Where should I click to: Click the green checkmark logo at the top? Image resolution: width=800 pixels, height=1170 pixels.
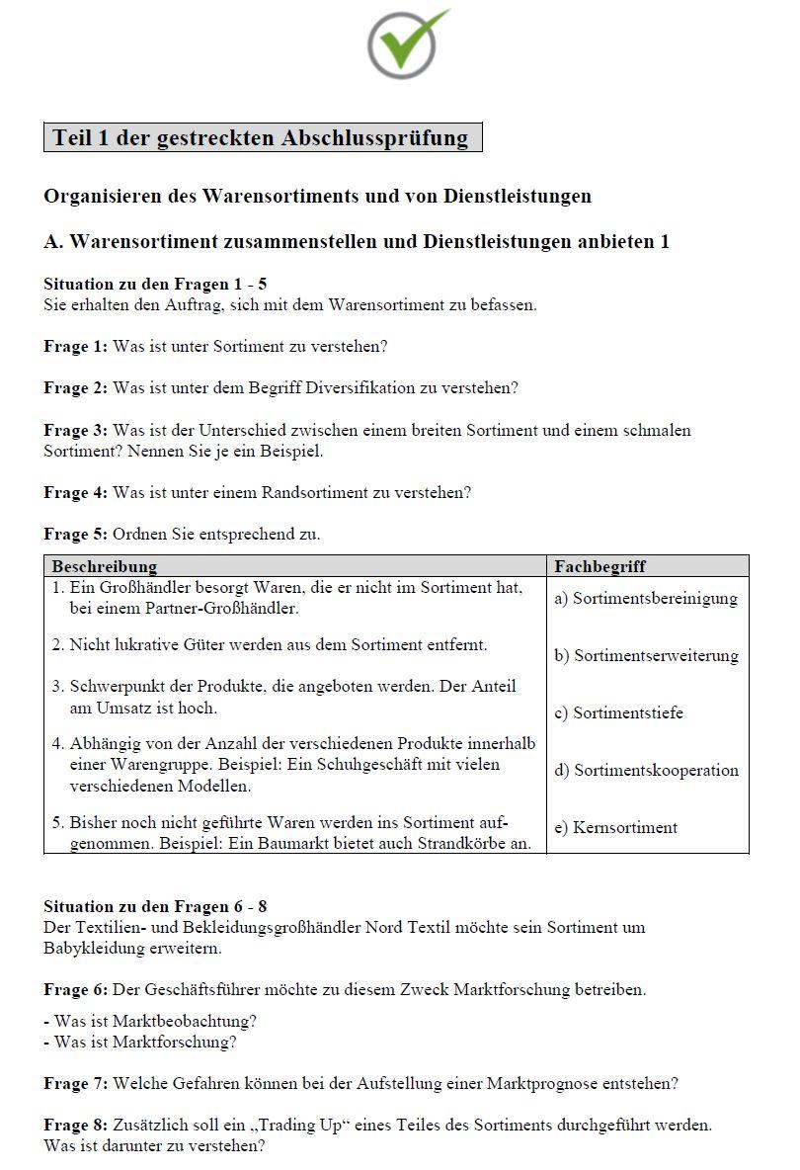tap(405, 44)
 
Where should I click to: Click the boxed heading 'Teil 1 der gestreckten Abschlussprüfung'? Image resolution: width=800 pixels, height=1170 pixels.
tap(262, 138)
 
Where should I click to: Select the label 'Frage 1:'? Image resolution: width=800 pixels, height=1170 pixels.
tap(75, 347)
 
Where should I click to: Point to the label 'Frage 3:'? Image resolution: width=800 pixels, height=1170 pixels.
tap(75, 430)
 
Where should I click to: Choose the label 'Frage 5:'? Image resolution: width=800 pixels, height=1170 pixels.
tap(75, 534)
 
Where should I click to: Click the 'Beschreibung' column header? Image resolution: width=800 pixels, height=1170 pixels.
tap(105, 566)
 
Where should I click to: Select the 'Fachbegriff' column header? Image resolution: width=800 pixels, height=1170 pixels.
tap(600, 566)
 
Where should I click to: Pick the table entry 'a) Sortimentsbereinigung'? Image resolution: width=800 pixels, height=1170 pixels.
tap(646, 598)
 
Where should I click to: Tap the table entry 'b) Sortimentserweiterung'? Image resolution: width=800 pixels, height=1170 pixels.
tap(646, 655)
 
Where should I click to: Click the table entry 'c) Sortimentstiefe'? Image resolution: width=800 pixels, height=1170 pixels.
tap(618, 712)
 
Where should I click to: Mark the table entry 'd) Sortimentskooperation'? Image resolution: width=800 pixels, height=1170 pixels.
tap(646, 770)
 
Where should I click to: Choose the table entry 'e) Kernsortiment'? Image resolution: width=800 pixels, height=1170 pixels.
tap(615, 827)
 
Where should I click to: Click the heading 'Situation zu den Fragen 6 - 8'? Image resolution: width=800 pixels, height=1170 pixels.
tap(155, 906)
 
